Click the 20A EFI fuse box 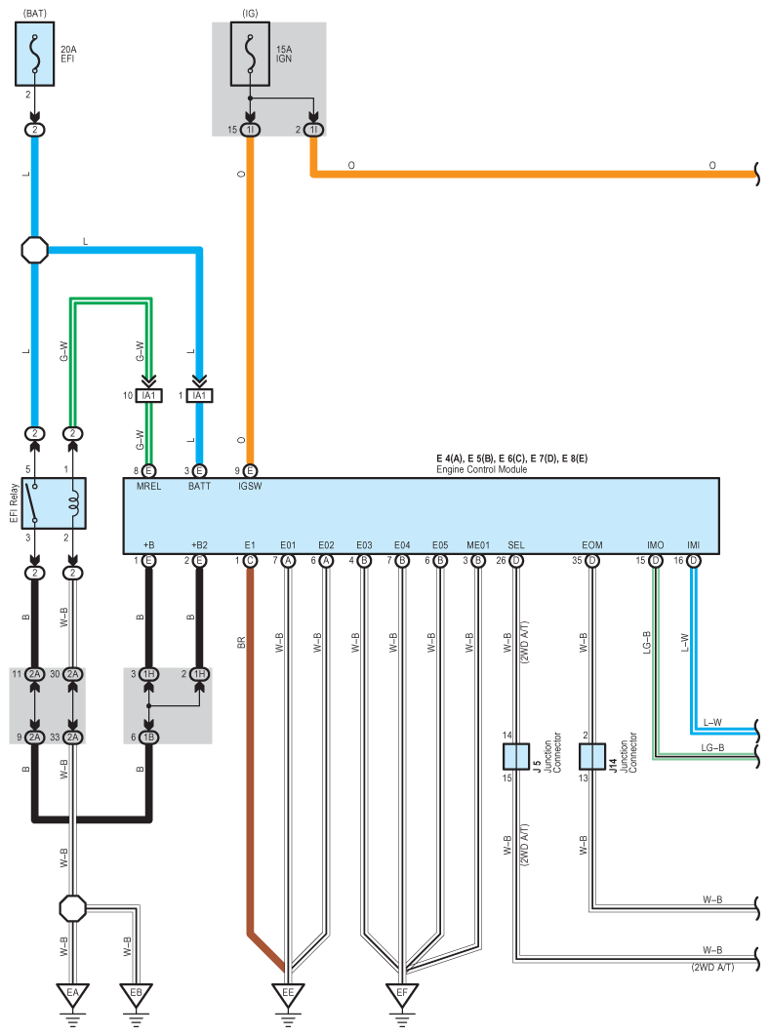click(x=34, y=54)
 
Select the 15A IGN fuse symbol click(x=250, y=54)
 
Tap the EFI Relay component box click(x=54, y=502)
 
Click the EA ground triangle click(x=73, y=994)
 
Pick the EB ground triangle click(x=136, y=994)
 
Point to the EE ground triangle click(x=288, y=994)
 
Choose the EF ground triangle click(x=402, y=994)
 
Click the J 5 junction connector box click(x=515, y=757)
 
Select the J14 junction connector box click(x=592, y=757)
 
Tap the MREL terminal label click(x=148, y=486)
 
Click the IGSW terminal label click(x=250, y=486)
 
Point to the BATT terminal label click(x=199, y=486)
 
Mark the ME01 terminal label click(x=478, y=545)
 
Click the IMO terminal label click(x=655, y=545)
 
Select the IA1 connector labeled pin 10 click(x=148, y=396)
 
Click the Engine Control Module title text click(x=481, y=469)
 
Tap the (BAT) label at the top click(x=35, y=14)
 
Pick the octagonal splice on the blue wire click(x=35, y=251)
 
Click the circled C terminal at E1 click(x=250, y=561)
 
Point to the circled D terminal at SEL click(x=516, y=561)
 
